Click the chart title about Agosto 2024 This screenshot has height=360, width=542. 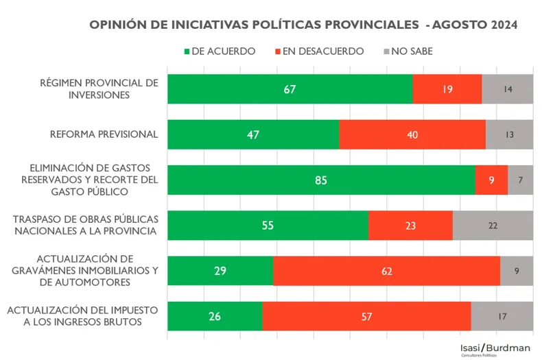tap(304, 25)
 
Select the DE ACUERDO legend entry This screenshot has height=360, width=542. tap(220, 51)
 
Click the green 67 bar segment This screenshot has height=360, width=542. tap(290, 89)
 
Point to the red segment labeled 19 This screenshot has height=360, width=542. tap(447, 89)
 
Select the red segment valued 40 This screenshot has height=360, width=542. tap(412, 134)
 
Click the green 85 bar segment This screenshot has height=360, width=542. tap(321, 180)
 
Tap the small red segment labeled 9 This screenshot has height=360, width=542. tap(491, 180)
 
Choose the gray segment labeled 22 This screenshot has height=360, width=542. tap(493, 226)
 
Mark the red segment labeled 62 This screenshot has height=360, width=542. tap(387, 271)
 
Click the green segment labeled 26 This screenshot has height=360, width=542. tap(215, 316)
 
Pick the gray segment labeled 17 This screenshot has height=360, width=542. tap(502, 316)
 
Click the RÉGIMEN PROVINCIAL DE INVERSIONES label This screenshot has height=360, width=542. tap(99, 89)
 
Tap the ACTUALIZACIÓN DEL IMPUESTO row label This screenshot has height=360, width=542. tap(83, 316)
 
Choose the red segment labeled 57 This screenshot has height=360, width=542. tap(366, 316)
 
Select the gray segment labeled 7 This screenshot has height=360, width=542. tap(521, 180)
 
